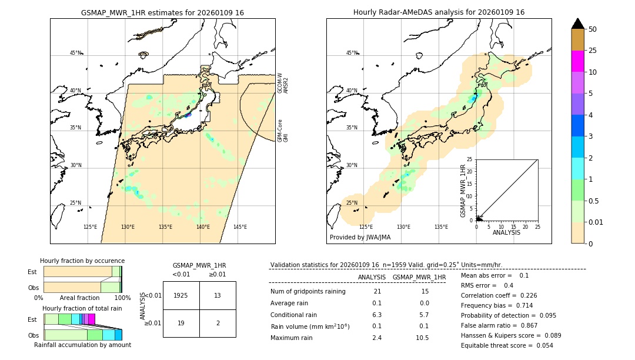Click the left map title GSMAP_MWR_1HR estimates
click(x=162, y=12)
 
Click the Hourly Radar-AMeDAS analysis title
click(x=439, y=12)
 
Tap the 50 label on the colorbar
click(x=593, y=29)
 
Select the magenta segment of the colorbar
click(x=577, y=61)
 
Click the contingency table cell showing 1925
click(x=181, y=296)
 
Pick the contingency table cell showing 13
click(x=218, y=296)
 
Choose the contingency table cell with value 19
click(x=181, y=323)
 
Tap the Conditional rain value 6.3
click(x=377, y=315)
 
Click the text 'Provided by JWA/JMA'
click(x=360, y=238)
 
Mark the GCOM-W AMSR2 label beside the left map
click(x=283, y=84)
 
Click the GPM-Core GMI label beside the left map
click(x=283, y=131)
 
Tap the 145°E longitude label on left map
click(x=240, y=227)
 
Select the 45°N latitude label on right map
click(x=352, y=53)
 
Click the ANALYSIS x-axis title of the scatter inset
click(x=506, y=232)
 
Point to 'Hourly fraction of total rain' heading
click(x=82, y=309)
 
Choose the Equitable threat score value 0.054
click(x=540, y=346)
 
